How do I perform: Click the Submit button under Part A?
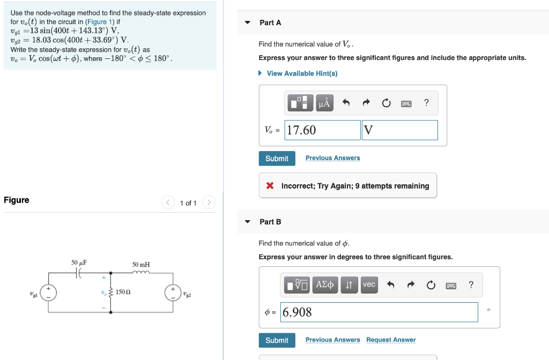(277, 159)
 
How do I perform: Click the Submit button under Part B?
(277, 340)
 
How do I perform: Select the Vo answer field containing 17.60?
(322, 130)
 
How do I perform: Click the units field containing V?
(399, 130)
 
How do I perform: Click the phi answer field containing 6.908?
(379, 312)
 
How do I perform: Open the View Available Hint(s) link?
(302, 73)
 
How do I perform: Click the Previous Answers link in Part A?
(332, 158)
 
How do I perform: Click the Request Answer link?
(391, 340)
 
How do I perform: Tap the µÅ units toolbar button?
(324, 103)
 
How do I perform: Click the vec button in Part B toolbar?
(369, 285)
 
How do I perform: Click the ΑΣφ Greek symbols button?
(324, 285)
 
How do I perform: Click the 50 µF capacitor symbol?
(79, 273)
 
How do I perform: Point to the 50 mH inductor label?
(141, 265)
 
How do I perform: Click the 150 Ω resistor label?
(124, 292)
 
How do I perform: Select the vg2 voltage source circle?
(173, 292)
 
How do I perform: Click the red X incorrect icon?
(270, 186)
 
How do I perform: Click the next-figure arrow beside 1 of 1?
(209, 202)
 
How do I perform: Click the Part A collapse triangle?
(247, 22)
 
